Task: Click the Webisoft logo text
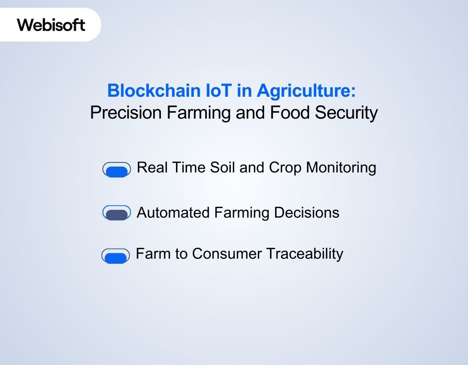51,24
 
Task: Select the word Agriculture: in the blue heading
306,91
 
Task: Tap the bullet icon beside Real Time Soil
117,170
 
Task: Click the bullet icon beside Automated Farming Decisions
117,213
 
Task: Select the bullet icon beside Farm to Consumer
115,256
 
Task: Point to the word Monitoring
341,167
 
